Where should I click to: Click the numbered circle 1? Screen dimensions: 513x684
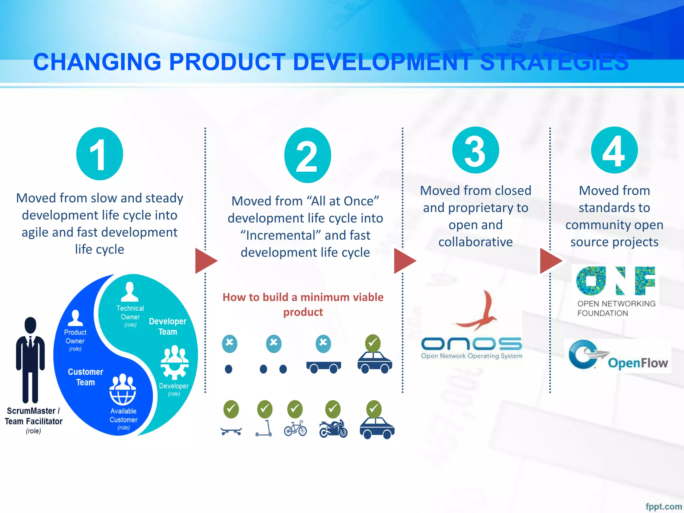[100, 154]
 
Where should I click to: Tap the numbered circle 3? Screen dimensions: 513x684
[476, 150]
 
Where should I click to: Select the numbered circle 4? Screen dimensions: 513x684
[614, 150]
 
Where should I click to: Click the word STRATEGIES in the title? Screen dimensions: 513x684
[554, 62]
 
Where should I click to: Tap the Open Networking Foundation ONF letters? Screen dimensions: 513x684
[615, 281]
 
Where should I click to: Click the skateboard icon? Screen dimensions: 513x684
[231, 431]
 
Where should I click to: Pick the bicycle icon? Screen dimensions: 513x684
[295, 429]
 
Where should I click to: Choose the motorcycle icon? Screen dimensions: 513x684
[333, 429]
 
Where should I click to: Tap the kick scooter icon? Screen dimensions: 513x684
[264, 429]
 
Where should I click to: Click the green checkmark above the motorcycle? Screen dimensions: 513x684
[333, 409]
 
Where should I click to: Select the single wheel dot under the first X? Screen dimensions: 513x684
[228, 369]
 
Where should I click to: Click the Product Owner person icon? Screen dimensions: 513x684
[75, 318]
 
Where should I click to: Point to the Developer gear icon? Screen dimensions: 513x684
[174, 363]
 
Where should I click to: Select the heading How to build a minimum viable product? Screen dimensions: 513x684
[303, 304]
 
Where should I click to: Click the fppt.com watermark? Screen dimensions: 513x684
[663, 506]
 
